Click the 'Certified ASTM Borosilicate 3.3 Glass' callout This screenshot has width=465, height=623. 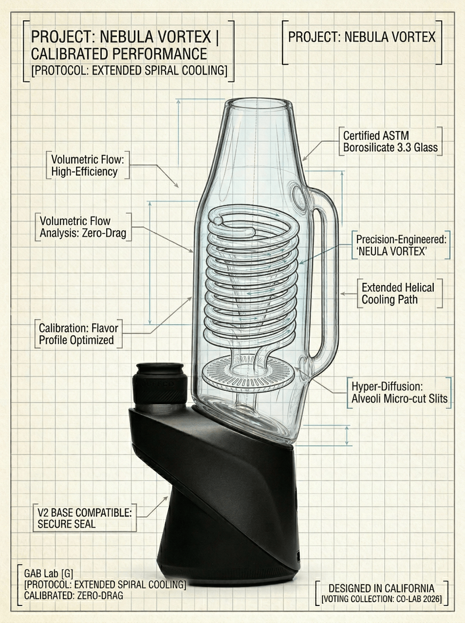(x=390, y=141)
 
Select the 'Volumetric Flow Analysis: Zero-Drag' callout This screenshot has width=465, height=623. (x=83, y=227)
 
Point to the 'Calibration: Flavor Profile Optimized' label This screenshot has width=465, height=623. (x=78, y=334)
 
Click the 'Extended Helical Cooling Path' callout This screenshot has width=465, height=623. (x=397, y=293)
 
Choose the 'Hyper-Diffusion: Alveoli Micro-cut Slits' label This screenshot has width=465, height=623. (x=399, y=393)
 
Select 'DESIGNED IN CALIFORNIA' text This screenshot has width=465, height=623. (x=381, y=588)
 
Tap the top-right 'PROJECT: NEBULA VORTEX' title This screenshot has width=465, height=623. (x=362, y=37)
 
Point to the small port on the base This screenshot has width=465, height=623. (x=298, y=554)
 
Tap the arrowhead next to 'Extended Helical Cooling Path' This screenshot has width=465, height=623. (x=342, y=293)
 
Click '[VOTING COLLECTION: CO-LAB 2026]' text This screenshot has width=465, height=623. (x=381, y=599)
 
